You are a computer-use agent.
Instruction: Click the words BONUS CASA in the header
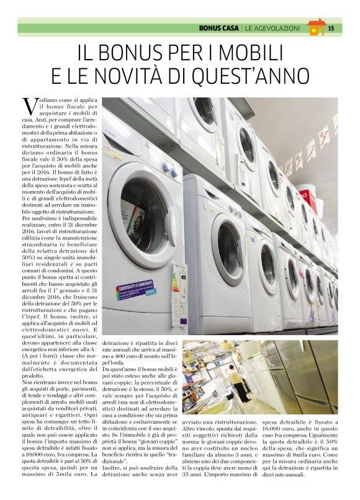(x=220, y=28)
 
